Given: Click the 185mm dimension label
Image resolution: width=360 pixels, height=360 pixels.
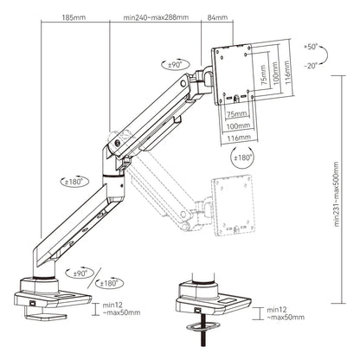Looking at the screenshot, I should (x=75, y=16).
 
